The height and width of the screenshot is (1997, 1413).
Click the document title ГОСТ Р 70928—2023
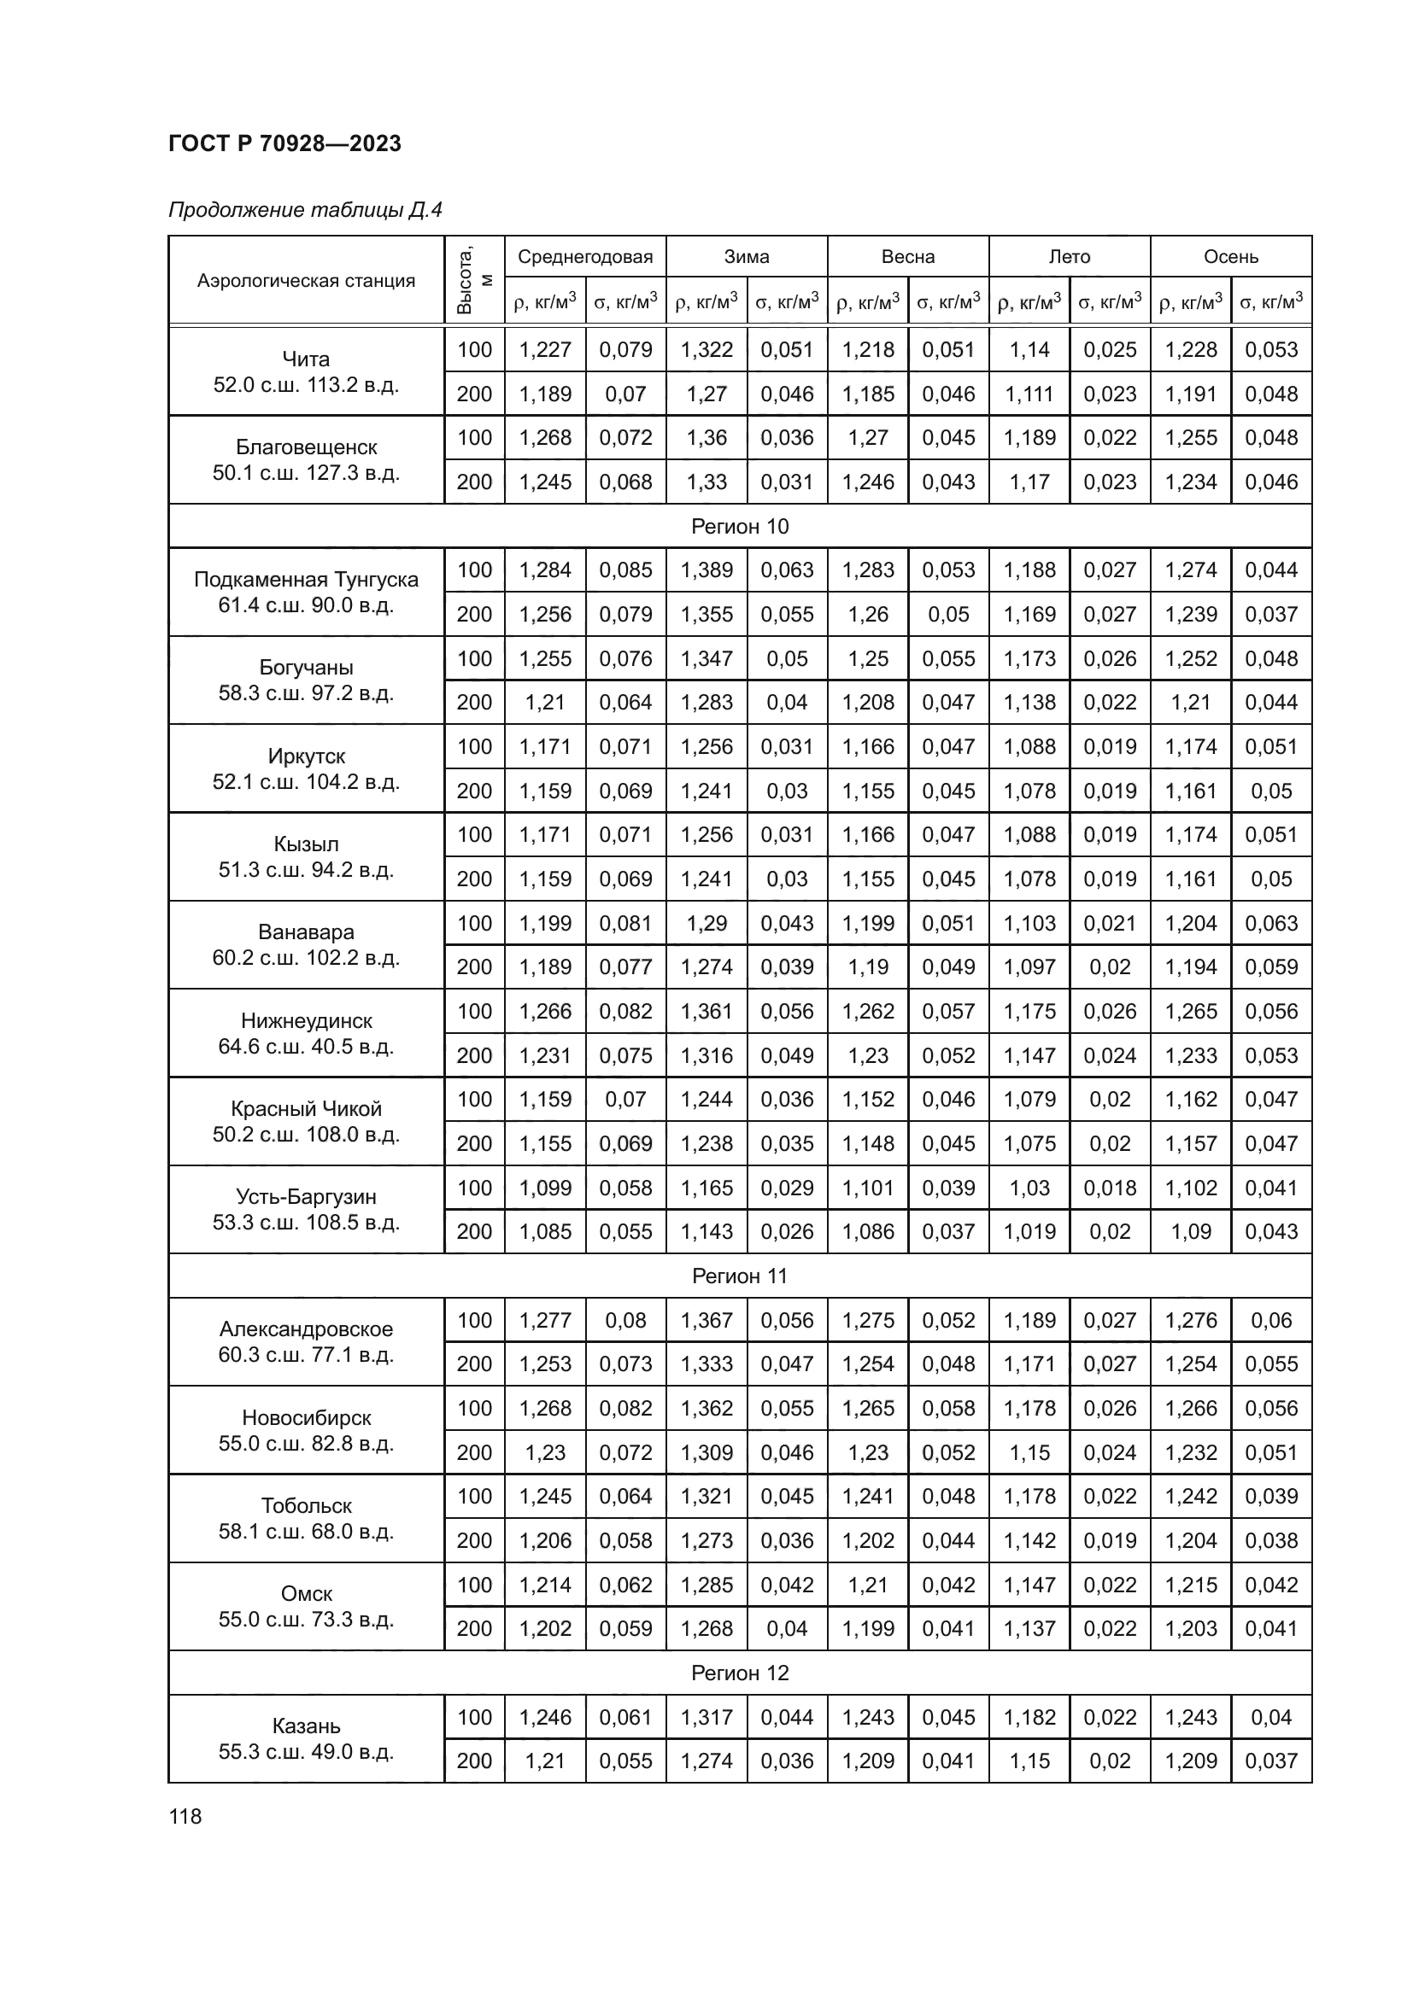284,143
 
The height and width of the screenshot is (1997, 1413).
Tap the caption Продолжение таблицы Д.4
305,211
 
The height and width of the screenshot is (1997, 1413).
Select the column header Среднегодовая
584,257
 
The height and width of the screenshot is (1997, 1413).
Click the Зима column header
747,257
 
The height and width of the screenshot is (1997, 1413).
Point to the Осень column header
1230,257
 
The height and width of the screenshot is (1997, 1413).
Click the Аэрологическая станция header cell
307,281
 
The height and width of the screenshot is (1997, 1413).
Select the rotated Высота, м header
475,280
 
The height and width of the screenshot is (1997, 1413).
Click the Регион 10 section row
740,526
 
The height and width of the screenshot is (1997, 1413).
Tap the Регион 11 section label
740,1276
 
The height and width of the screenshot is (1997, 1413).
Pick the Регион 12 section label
740,1673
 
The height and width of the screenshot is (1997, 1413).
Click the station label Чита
307,359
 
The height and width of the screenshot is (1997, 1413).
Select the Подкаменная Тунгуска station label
307,580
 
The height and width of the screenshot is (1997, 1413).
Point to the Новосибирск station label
307,1418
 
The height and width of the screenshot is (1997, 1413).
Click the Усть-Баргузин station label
307,1197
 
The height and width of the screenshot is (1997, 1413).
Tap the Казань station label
307,1725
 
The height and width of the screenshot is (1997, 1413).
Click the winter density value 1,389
706,570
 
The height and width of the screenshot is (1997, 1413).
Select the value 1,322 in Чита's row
706,350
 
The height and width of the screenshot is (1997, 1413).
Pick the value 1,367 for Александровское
706,1320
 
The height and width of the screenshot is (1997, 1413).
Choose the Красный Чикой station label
307,1109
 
